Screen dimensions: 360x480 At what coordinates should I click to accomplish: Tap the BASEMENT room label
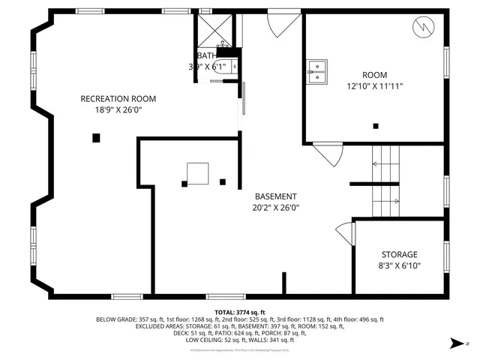tap(275, 196)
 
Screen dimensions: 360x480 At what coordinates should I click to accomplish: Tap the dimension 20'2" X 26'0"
tap(275, 208)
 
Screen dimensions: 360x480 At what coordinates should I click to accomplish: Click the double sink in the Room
tap(318, 70)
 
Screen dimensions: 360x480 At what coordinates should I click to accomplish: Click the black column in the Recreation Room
tap(96, 137)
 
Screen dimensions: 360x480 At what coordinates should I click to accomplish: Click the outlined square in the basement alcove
tap(198, 173)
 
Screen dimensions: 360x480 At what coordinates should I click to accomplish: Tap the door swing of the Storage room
tap(344, 230)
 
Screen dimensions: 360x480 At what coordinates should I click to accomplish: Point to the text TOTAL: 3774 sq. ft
tap(239, 312)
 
